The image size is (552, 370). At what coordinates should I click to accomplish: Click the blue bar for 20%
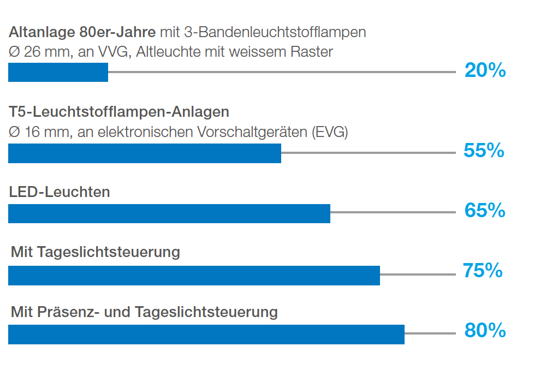click(x=58, y=73)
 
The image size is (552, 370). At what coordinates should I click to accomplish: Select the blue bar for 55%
click(x=144, y=153)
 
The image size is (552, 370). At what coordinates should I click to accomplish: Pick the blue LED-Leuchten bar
click(x=169, y=213)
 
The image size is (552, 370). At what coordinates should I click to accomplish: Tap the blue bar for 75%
click(x=194, y=276)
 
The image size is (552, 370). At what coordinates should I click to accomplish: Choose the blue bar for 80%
click(x=206, y=335)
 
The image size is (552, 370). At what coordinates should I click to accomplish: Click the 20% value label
click(x=485, y=70)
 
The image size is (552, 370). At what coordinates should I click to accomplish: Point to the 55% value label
click(x=484, y=151)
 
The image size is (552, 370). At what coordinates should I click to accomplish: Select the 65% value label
click(x=485, y=211)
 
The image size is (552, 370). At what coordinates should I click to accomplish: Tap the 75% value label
click(x=483, y=271)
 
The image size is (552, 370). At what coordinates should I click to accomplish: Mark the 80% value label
click(x=485, y=331)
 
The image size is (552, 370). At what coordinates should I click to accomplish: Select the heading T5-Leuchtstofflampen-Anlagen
click(x=119, y=112)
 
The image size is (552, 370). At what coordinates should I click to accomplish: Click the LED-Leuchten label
click(x=60, y=192)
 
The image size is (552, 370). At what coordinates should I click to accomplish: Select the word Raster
click(x=314, y=52)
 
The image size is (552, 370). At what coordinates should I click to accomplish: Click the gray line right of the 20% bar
click(x=281, y=72)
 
